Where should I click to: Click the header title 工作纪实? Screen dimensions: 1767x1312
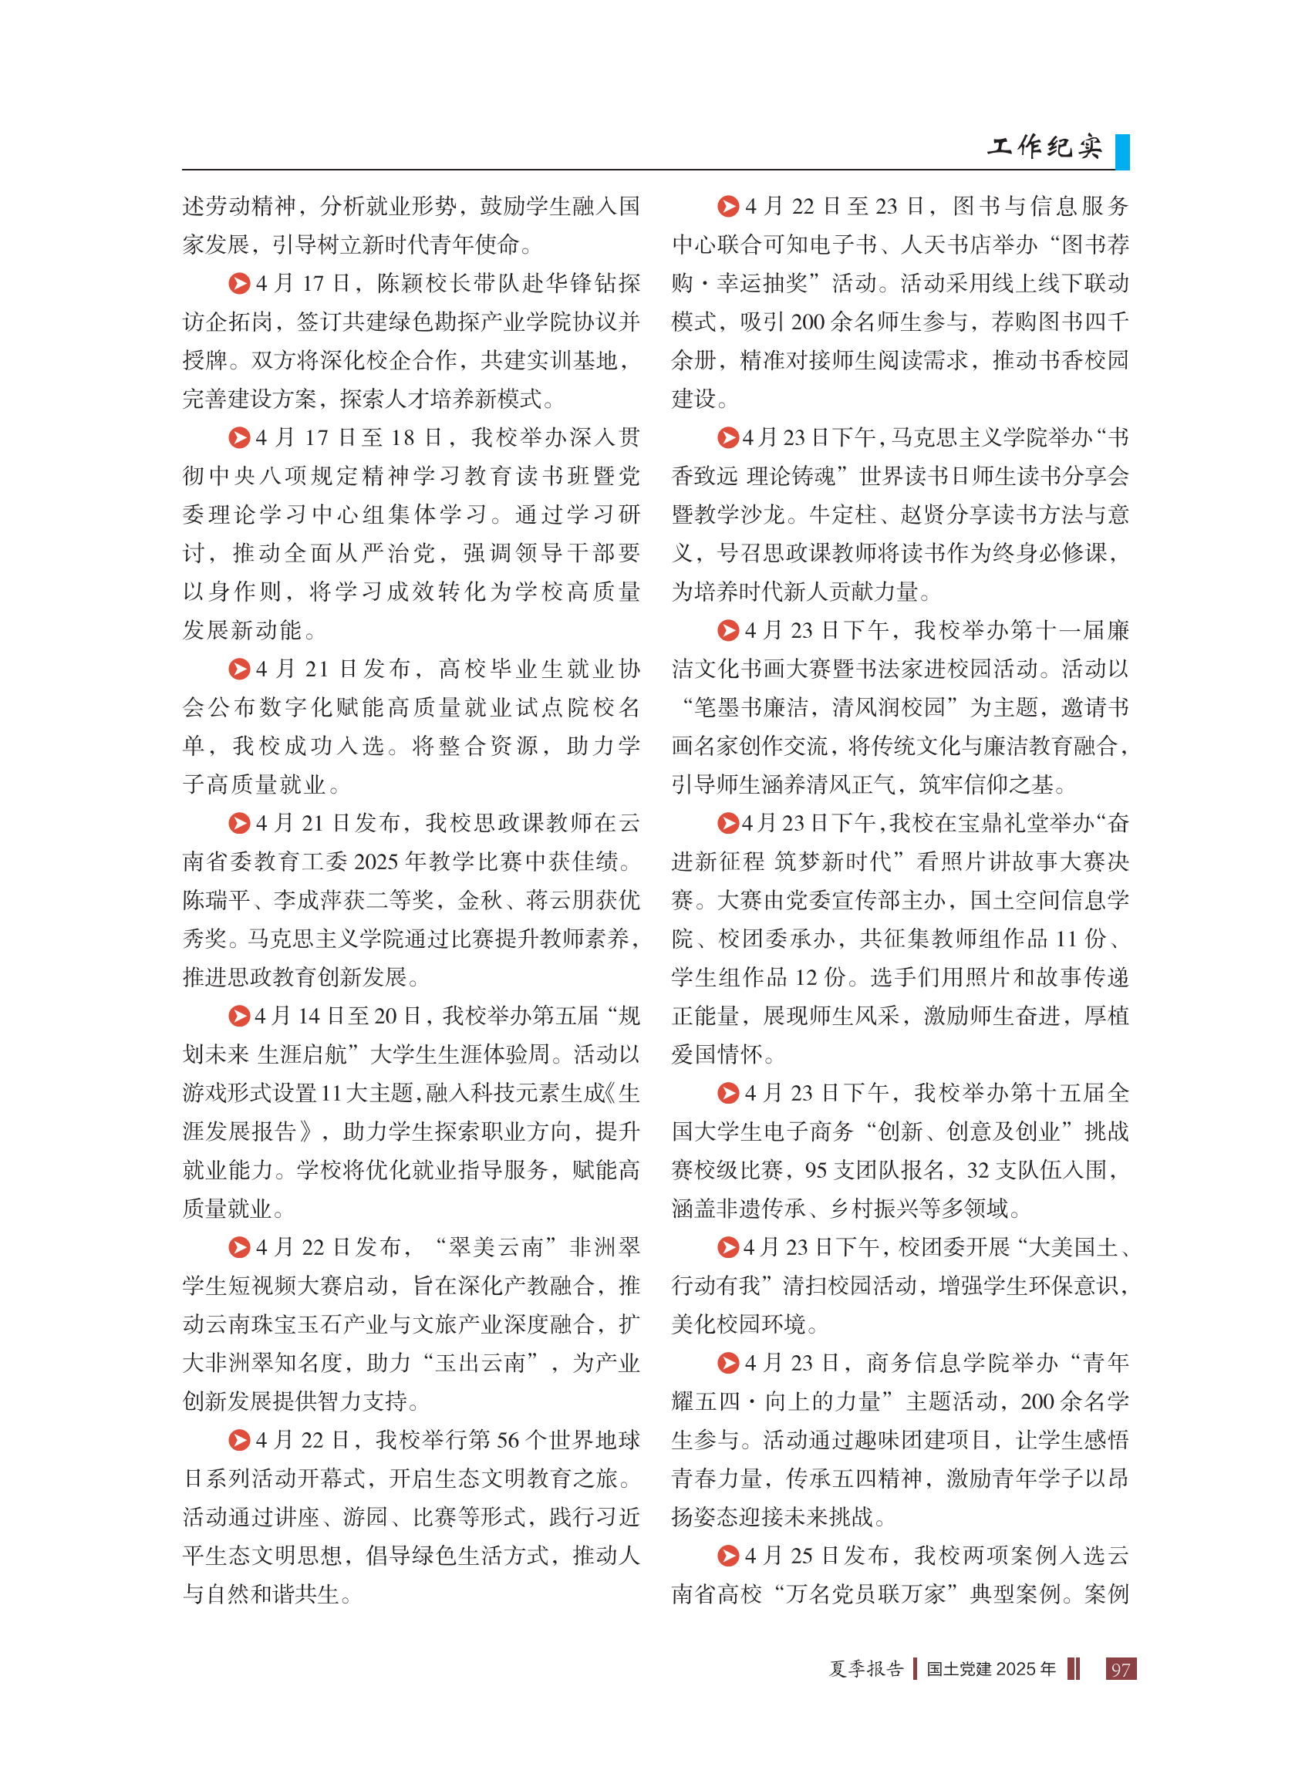tap(1044, 147)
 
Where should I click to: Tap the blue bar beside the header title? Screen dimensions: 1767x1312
tap(1121, 151)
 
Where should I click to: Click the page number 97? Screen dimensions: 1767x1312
tap(1120, 1668)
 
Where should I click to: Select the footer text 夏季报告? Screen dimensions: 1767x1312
tap(866, 1668)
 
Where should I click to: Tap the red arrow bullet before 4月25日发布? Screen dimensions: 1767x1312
tap(727, 1556)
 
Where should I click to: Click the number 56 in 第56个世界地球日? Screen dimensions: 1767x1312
tap(508, 1440)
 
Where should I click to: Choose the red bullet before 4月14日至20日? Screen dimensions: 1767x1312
tap(238, 1016)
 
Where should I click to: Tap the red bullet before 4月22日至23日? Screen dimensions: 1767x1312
tap(727, 207)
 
